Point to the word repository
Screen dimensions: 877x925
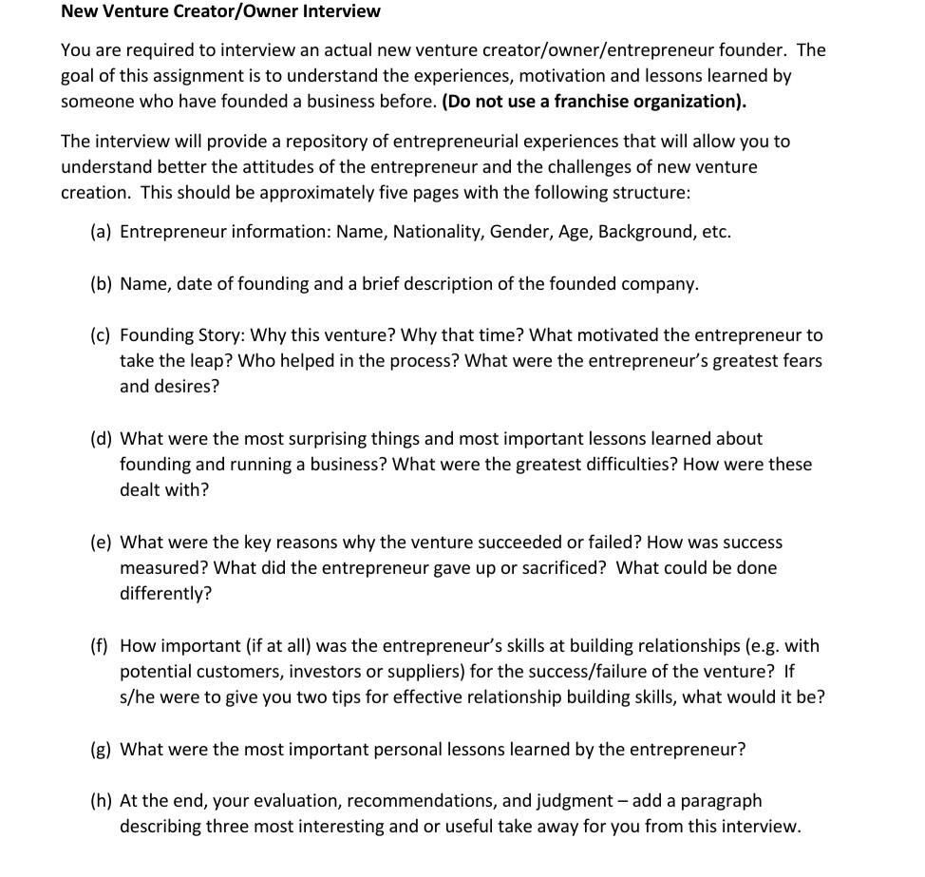339,142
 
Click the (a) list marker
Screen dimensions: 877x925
101,232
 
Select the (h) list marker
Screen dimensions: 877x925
101,801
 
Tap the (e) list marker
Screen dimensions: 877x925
101,543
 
